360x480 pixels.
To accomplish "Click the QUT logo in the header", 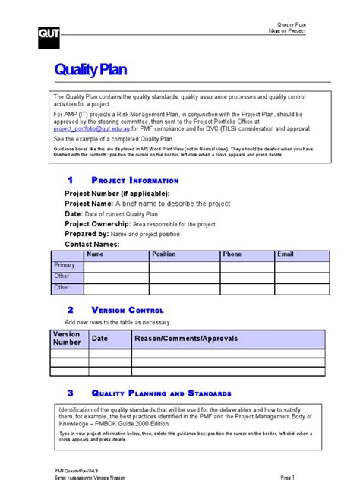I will pos(48,33).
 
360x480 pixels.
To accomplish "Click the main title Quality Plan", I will pos(91,71).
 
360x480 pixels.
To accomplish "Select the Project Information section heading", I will pos(134,181).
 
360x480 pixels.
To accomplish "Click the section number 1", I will pos(70,181).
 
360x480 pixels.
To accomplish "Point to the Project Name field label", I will pos(89,204).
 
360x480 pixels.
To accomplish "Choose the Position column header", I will pos(163,254).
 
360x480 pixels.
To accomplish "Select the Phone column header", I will pos(232,254).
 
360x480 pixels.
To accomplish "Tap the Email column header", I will pos(286,254).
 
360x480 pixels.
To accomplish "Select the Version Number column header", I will pos(66,339).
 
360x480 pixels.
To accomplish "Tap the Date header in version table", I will pos(100,339).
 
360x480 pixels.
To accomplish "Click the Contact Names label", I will pos(92,245).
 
